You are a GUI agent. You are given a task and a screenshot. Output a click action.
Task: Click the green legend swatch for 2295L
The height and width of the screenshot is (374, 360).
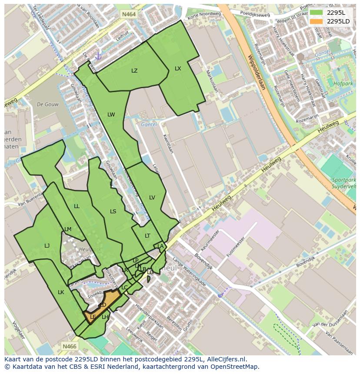(x=316, y=13)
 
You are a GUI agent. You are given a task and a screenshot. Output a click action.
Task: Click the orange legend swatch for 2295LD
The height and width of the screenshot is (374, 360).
(x=316, y=21)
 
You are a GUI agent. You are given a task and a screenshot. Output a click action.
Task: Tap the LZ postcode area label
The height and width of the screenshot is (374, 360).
(x=134, y=71)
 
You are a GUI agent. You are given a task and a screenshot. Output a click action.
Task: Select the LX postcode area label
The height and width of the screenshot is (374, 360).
(x=178, y=69)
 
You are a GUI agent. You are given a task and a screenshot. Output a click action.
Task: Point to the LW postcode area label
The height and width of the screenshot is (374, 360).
(x=111, y=115)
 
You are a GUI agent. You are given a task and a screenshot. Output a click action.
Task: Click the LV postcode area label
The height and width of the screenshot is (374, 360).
(x=152, y=198)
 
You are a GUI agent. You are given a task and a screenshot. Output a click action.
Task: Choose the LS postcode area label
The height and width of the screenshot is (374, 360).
(x=113, y=212)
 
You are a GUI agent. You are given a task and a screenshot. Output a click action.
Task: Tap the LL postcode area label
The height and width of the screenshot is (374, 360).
(x=77, y=206)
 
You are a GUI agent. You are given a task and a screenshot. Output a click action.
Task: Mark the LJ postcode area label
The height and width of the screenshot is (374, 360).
(x=47, y=246)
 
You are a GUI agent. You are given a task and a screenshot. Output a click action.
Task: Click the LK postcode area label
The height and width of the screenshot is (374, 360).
(x=61, y=292)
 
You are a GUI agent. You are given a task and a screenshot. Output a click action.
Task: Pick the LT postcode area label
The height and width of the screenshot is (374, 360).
(x=147, y=236)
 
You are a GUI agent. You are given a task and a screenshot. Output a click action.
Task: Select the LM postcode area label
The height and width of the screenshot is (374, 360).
(x=68, y=229)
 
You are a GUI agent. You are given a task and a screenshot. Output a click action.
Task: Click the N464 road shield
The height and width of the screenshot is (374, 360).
(x=129, y=14)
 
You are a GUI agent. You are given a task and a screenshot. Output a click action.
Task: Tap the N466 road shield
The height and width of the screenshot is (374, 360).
(x=69, y=346)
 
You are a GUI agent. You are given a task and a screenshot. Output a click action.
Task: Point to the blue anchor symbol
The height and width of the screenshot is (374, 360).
(x=98, y=56)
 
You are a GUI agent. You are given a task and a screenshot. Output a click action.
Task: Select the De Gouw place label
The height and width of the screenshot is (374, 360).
(x=47, y=104)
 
